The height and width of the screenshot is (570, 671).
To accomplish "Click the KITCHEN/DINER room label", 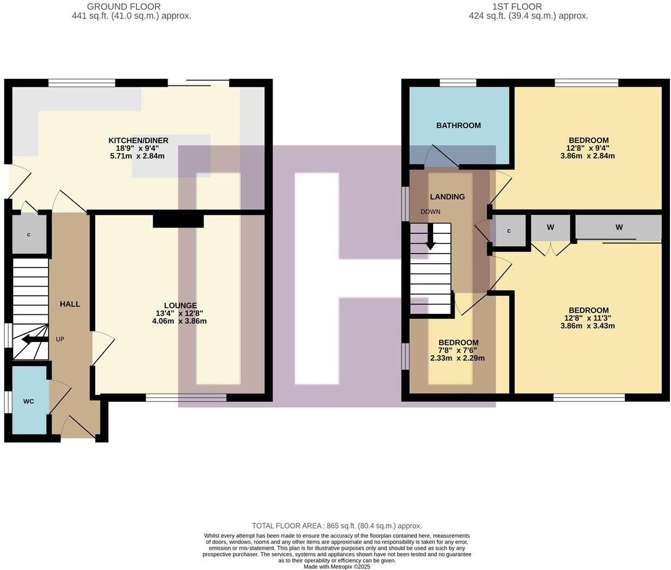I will pos(138,140).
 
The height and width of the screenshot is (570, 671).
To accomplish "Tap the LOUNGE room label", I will pos(180,306).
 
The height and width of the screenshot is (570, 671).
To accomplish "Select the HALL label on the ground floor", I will pos(70,304).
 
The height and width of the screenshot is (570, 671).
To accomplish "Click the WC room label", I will pos(28,401).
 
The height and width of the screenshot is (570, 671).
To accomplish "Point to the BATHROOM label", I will pos(458,125).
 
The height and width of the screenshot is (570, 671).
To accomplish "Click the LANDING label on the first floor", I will pos(447,197).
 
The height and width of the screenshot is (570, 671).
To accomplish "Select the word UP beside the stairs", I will pos(60,339).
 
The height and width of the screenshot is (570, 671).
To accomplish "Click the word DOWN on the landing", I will pos(430,212).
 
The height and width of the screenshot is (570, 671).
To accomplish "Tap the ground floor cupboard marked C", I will pos(29,235).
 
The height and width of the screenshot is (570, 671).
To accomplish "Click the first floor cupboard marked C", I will pos(509,231).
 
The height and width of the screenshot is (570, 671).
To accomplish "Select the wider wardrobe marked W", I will pos(618,227).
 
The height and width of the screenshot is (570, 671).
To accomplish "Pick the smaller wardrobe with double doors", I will pos(550,227).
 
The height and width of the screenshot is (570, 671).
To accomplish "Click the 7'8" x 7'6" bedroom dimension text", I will pos(458,350).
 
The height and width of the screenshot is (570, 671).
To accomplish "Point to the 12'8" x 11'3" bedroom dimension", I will pos(588,318).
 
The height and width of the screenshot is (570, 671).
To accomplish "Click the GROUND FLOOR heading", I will pos(124,7).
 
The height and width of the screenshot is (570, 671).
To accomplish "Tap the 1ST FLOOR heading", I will pos(516,7).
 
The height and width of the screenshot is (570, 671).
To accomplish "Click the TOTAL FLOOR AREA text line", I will pos(336,526).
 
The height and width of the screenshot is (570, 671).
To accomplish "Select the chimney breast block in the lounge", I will pos(178,221).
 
